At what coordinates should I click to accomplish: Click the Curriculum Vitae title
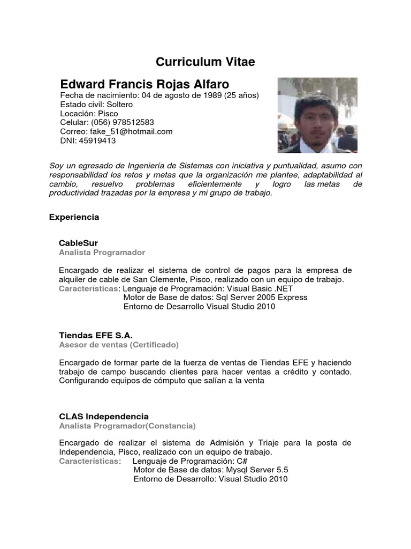tap(205, 63)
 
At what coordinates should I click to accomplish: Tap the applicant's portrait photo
tap(317, 115)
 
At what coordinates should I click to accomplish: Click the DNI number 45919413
tap(97, 140)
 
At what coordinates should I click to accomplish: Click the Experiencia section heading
tap(74, 218)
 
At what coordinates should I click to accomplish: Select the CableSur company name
tap(78, 243)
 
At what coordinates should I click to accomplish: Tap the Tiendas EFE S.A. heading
tap(95, 335)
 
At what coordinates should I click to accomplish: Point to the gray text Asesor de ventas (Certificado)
tap(119, 345)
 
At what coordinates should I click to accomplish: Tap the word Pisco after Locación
tap(108, 114)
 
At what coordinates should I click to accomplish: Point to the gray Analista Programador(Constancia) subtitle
tap(127, 426)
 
